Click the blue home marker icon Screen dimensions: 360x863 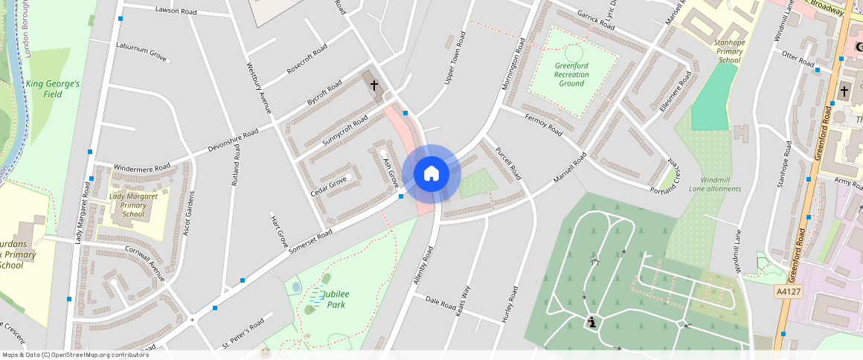[431, 174]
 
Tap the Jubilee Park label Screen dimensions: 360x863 [336, 299]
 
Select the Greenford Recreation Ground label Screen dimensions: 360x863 [571, 74]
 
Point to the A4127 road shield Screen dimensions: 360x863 [788, 292]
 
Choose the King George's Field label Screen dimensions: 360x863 [52, 89]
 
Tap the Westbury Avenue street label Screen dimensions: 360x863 [257, 87]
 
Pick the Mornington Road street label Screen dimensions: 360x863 [513, 63]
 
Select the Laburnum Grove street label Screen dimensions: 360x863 [141, 51]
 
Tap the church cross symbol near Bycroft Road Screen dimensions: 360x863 [374, 86]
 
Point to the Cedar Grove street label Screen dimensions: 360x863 [328, 181]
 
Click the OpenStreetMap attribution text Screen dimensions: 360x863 [74, 355]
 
